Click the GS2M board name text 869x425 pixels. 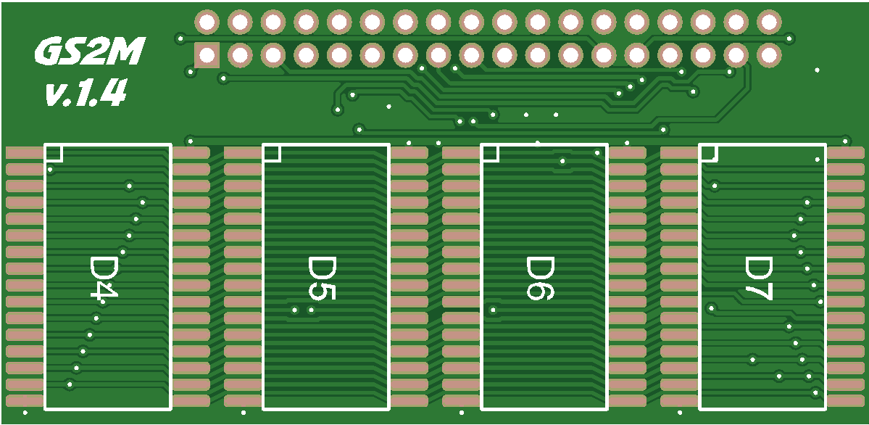click(x=89, y=53)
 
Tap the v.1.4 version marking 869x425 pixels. click(x=86, y=92)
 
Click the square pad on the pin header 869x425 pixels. click(x=207, y=56)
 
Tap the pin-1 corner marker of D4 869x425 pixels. click(x=54, y=153)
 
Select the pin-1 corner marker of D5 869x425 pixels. click(x=272, y=153)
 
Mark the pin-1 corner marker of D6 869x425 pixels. click(x=490, y=153)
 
